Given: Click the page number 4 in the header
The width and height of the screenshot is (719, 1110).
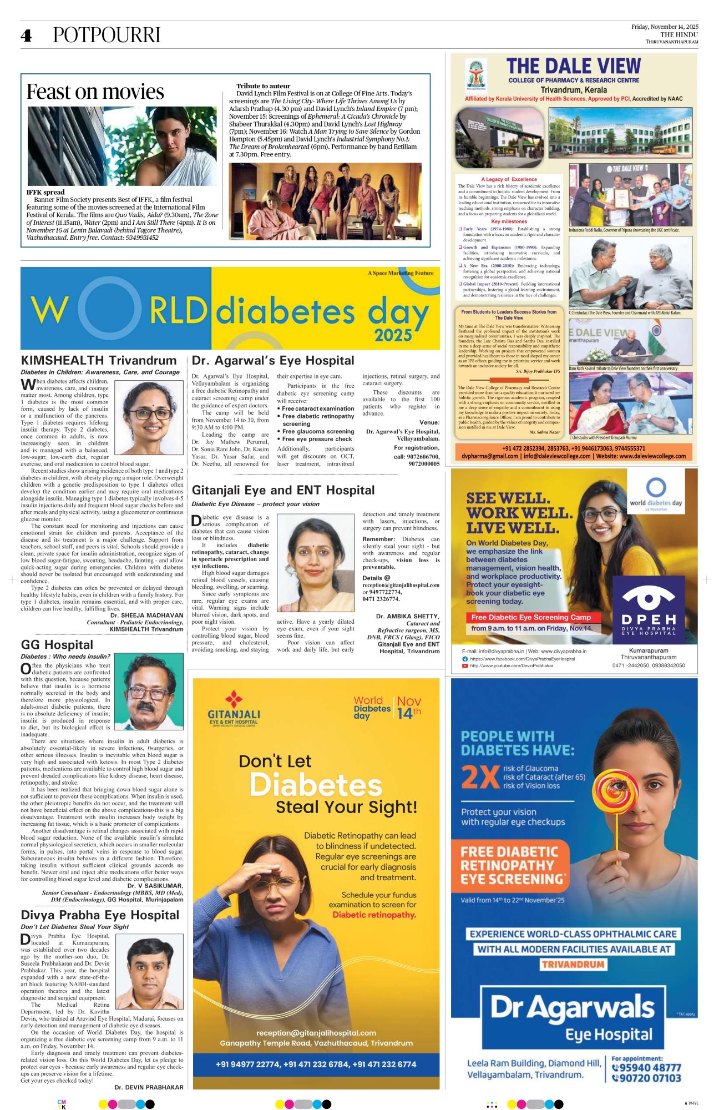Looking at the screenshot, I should [x=26, y=36].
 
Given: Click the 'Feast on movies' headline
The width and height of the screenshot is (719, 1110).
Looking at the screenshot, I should [x=95, y=92].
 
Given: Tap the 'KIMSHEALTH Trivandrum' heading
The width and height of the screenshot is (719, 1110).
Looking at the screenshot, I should [x=99, y=360].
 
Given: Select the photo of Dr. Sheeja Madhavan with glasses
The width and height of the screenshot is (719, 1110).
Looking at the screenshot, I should [x=148, y=417].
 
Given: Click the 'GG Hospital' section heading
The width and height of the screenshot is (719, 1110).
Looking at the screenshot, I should [x=57, y=644].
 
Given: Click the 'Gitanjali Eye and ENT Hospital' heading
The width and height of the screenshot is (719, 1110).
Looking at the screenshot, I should [x=283, y=490].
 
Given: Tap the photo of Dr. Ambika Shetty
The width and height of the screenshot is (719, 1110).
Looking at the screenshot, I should [x=315, y=562].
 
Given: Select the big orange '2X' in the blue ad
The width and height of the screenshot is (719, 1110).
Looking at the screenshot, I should [x=479, y=777].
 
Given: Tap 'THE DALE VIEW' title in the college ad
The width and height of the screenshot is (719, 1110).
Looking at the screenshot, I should [x=574, y=67].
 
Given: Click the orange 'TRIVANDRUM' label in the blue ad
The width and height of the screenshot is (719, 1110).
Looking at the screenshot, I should [x=573, y=964].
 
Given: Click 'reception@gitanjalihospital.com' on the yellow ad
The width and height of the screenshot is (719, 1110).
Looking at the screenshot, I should [x=316, y=1033].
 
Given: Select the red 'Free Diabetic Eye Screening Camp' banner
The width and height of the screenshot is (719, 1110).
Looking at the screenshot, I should [x=531, y=617].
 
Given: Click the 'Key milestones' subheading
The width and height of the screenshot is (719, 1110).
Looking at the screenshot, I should [x=509, y=221].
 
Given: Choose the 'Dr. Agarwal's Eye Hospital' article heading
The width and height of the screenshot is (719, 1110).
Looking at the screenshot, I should [x=273, y=360].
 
